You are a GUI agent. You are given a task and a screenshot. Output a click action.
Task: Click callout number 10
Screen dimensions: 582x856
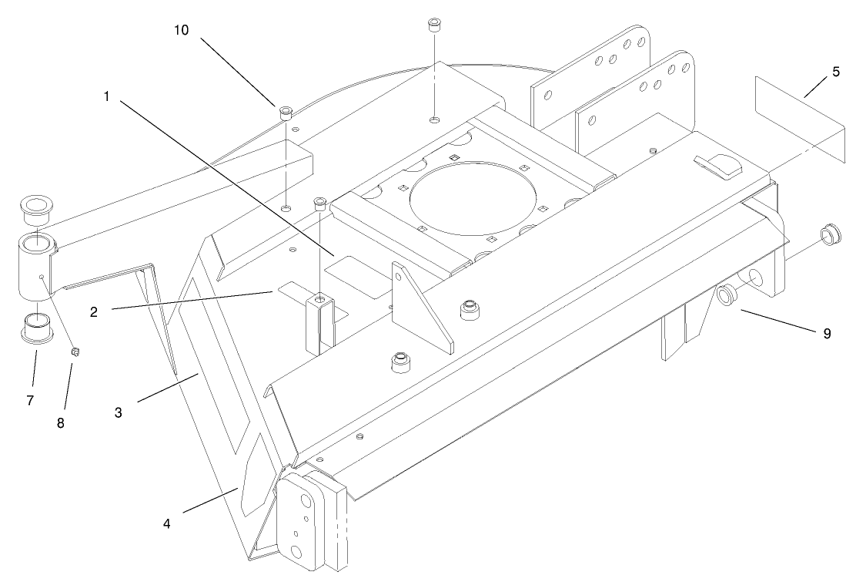coord(182,30)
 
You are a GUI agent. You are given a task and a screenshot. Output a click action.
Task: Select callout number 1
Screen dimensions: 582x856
coord(107,96)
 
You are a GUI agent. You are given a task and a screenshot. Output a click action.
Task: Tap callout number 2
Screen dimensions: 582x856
coord(93,312)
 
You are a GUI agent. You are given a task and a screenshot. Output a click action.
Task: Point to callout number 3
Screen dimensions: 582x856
coord(119,412)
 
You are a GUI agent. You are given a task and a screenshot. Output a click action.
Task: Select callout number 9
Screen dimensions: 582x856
coord(827,334)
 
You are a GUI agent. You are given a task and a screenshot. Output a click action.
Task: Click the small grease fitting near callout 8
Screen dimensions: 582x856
coord(76,352)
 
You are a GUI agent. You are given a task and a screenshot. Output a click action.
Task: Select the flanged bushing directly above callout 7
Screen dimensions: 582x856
coord(35,328)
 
